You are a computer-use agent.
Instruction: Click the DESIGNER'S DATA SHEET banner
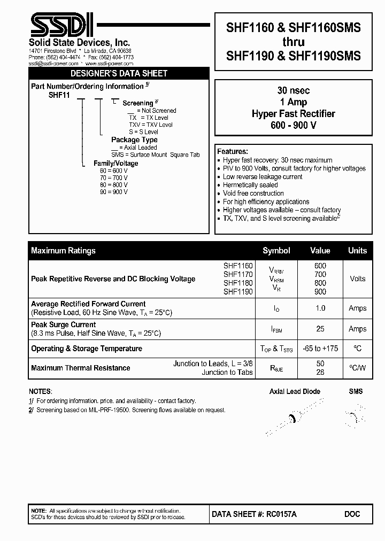[119, 73]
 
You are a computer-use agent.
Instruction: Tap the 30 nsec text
[294, 91]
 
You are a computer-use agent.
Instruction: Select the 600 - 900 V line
[294, 125]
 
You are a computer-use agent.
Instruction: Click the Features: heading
[233, 151]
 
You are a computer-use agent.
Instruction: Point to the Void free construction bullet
[253, 193]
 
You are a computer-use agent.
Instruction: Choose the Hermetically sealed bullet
[250, 185]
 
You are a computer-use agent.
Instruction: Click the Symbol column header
[276, 250]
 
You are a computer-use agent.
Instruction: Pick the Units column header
[357, 250]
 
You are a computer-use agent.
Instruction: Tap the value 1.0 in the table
[320, 308]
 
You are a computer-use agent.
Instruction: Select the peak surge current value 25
[320, 329]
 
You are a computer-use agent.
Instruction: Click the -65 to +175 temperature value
[320, 349]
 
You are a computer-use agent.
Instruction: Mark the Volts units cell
[357, 279]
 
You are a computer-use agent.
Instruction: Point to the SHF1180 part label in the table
[238, 283]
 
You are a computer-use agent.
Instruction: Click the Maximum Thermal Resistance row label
[81, 368]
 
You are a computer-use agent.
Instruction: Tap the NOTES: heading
[41, 391]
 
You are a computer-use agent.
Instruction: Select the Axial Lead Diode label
[295, 391]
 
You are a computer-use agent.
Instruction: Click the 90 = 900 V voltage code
[113, 191]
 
